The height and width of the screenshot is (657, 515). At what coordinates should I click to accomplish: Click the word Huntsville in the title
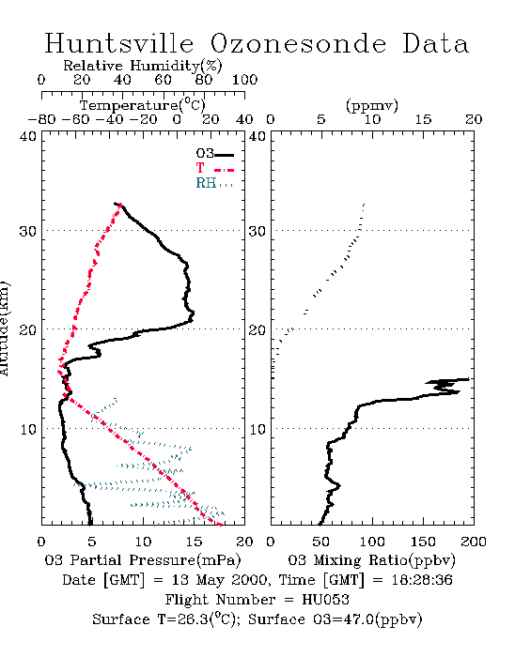coord(119,43)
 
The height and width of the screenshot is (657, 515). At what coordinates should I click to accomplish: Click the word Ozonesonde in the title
coord(298,43)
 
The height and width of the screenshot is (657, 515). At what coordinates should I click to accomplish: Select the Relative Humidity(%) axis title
coord(143,66)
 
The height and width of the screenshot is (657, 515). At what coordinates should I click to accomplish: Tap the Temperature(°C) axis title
coord(143,105)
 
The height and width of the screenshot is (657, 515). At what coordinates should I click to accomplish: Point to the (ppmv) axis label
coord(372,106)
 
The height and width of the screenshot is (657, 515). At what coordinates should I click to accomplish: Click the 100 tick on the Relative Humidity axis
coord(244,80)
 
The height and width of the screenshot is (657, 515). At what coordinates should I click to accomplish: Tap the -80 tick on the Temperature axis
coord(41,119)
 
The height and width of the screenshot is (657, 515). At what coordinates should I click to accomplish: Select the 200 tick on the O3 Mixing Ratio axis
coord(474,542)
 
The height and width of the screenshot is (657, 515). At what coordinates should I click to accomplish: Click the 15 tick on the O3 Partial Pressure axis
coord(195,542)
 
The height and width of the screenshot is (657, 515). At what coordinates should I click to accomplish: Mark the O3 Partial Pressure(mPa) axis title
coord(143,560)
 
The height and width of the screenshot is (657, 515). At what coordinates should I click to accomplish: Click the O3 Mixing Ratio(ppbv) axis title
coord(371,560)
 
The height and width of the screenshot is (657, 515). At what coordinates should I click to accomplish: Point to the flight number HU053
coord(325,600)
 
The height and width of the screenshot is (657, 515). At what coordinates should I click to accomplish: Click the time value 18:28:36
coord(422,580)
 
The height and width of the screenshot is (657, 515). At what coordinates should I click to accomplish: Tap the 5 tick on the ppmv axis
coord(321,119)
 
